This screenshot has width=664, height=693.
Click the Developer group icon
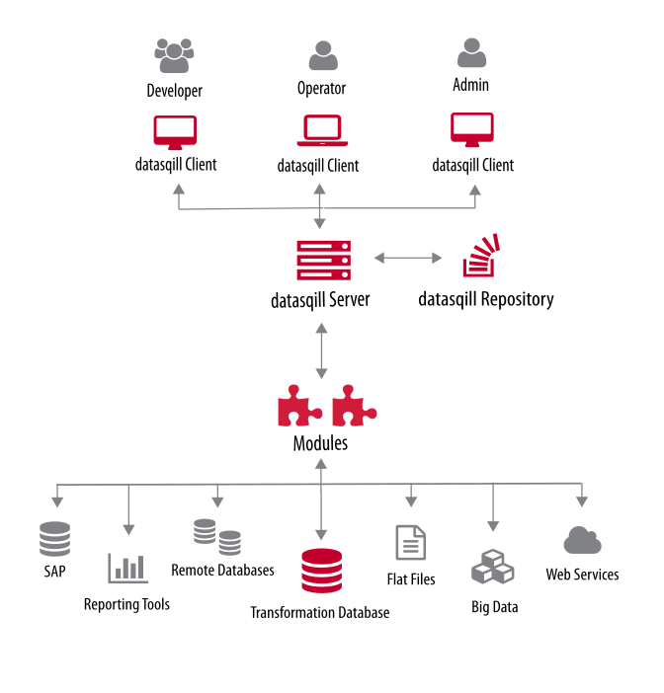174,56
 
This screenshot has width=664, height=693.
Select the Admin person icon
471,52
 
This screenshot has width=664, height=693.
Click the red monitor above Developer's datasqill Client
175,132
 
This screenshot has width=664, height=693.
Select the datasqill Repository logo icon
482,256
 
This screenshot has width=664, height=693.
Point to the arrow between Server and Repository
408,259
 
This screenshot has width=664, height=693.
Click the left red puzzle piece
300,407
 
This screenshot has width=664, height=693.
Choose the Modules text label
320,443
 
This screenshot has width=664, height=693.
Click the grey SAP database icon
55,539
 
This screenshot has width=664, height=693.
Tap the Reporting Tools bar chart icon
127,567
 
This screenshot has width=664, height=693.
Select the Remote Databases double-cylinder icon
217,536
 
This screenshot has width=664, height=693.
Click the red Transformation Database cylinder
321,571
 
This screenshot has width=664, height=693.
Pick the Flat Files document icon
410,543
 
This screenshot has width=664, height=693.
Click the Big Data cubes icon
493,570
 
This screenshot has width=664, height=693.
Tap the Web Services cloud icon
583,540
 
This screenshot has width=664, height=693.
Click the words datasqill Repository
485,298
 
